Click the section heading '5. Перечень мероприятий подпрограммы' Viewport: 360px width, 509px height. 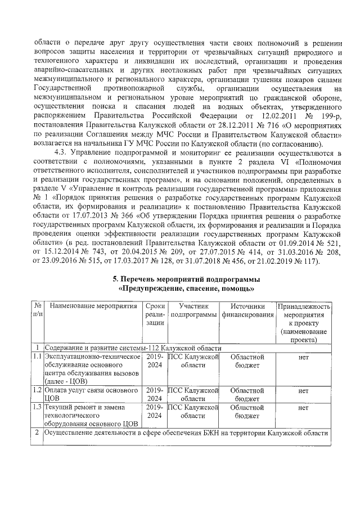(186, 279)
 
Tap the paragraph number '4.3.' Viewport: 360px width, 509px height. (62, 152)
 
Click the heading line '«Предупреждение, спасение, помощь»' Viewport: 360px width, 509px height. (186, 289)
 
